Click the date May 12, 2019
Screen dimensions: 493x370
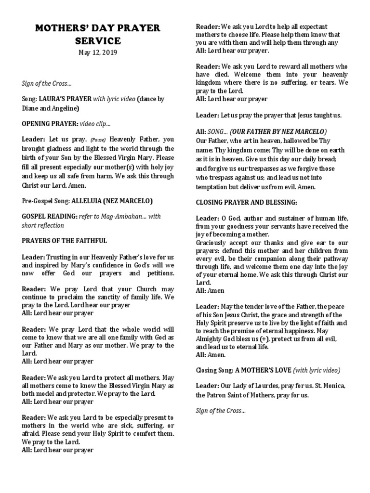click(x=98, y=52)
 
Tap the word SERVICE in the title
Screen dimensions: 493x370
click(x=98, y=41)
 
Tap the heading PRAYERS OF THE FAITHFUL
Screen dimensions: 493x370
click(x=65, y=240)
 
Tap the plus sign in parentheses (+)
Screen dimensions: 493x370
click(x=264, y=339)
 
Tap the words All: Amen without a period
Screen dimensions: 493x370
click(x=210, y=290)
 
